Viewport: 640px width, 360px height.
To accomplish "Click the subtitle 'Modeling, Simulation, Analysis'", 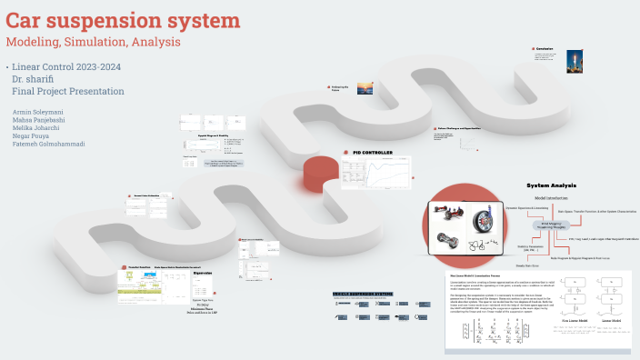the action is coord(93,42).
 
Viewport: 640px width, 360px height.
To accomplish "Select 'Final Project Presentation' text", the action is coord(67,92).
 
